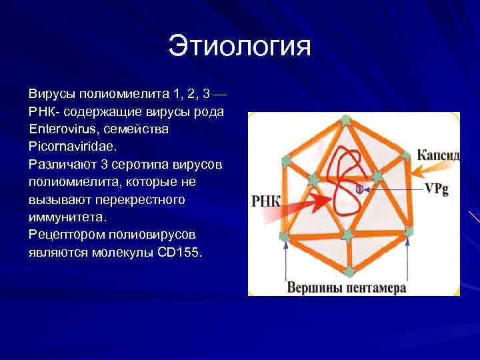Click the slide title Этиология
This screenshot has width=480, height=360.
pyautogui.click(x=240, y=47)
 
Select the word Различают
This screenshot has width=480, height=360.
pyautogui.click(x=59, y=163)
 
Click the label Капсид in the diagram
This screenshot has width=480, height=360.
pyautogui.click(x=438, y=155)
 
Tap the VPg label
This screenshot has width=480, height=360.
pyautogui.click(x=437, y=189)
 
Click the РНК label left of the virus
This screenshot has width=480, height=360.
pyautogui.click(x=267, y=200)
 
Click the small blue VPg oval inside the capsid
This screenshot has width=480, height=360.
pyautogui.click(x=359, y=189)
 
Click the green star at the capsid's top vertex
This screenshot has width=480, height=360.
pyautogui.click(x=345, y=120)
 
